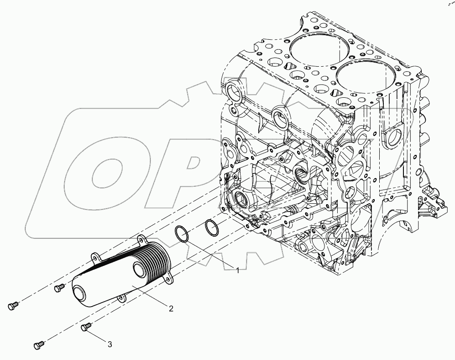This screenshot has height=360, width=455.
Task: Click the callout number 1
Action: pos(237,270)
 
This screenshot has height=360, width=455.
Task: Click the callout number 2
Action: pos(171,309)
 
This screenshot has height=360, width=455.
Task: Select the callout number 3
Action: pos(110,344)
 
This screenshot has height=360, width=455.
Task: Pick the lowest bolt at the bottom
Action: pos(39,345)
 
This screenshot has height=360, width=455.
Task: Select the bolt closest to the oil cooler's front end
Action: pos(58,288)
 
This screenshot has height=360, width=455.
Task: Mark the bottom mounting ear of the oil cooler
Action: pos(121,299)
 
